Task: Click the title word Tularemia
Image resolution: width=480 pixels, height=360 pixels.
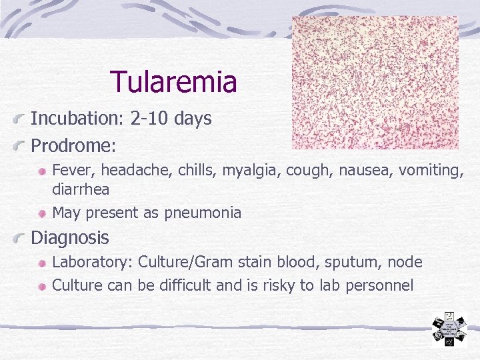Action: click(173, 82)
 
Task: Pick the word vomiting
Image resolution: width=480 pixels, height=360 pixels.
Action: click(431, 171)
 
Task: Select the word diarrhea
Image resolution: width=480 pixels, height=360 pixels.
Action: click(81, 189)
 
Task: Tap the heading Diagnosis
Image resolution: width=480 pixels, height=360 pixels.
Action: click(70, 238)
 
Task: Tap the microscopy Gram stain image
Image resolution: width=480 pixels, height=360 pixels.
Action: click(375, 83)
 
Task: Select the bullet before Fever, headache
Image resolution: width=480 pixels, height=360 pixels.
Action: click(42, 171)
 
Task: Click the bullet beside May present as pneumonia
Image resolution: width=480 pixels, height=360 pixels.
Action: click(42, 213)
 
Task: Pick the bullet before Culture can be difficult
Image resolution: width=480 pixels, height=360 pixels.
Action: click(42, 286)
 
